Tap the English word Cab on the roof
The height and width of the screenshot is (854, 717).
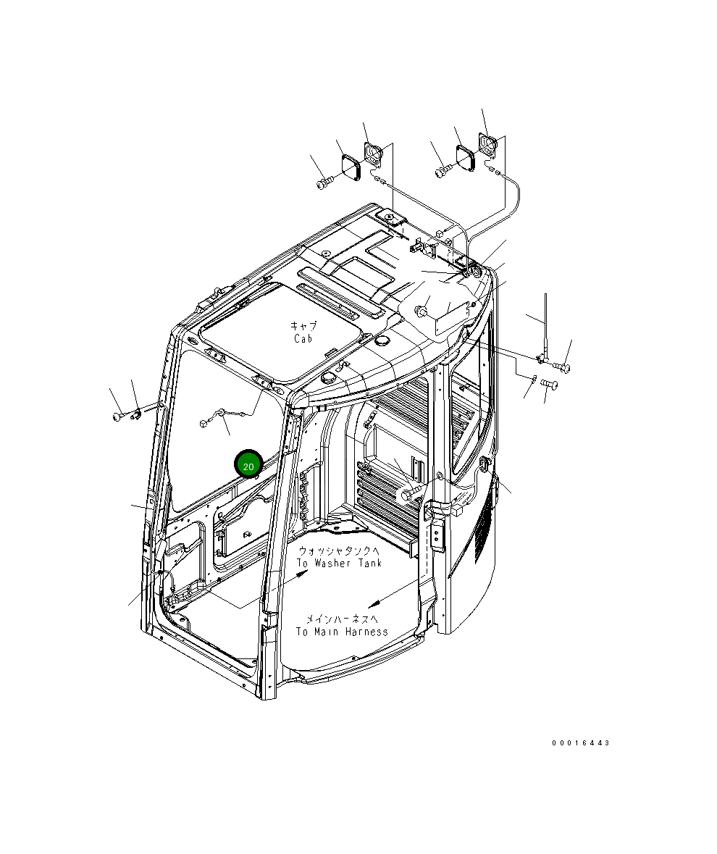click(x=304, y=339)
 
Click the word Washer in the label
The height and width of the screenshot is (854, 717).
click(x=334, y=563)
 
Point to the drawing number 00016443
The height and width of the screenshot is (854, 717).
click(x=580, y=743)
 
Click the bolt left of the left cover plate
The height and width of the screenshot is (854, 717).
click(x=324, y=183)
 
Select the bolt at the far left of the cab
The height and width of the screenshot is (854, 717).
click(x=118, y=416)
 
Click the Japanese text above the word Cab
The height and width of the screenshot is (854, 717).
click(x=303, y=326)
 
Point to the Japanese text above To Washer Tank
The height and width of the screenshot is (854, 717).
click(x=337, y=551)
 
